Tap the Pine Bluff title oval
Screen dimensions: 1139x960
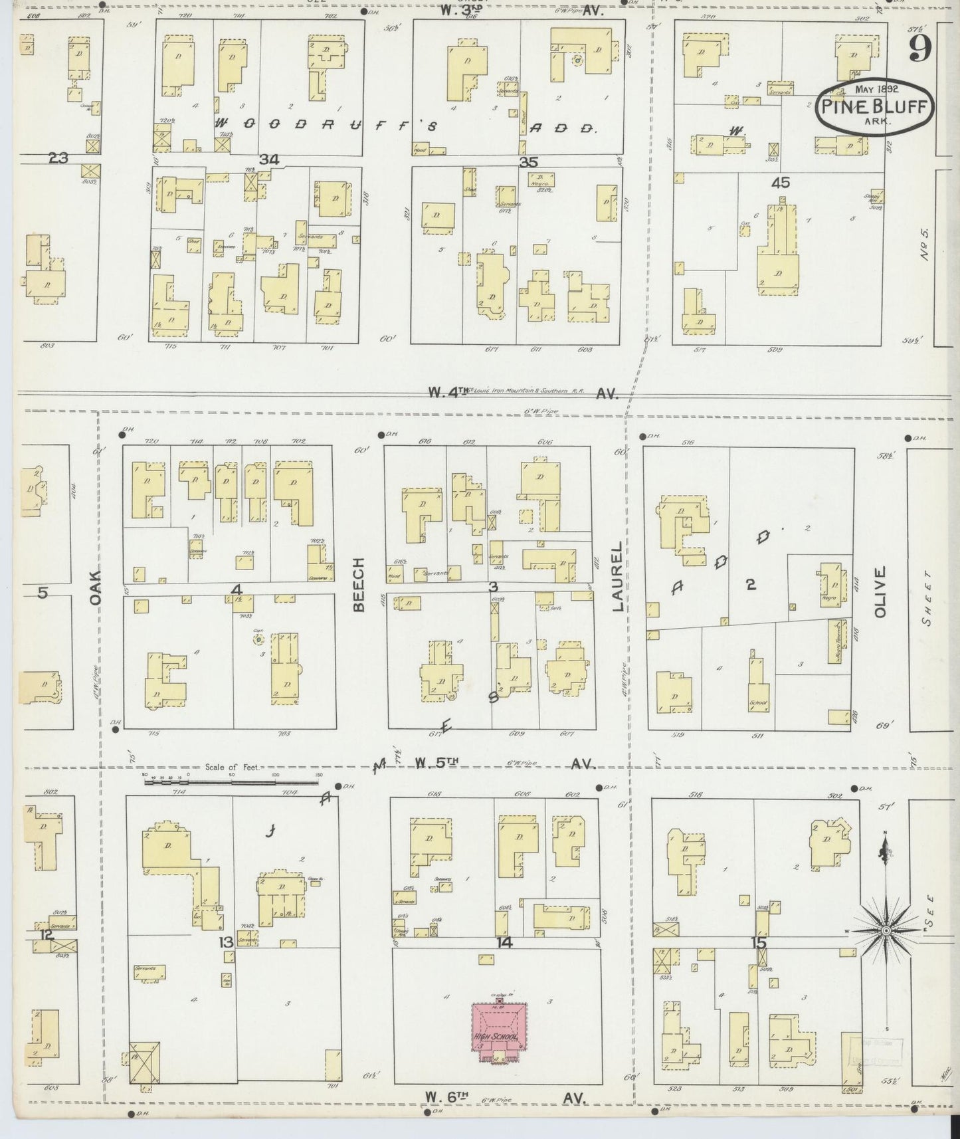pyautogui.click(x=875, y=108)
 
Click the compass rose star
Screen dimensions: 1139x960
pyautogui.click(x=886, y=931)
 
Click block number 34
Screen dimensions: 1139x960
pyautogui.click(x=269, y=159)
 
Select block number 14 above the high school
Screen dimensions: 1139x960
pyautogui.click(x=505, y=942)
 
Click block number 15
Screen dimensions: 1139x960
pyautogui.click(x=759, y=942)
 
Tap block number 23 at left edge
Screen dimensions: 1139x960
pyautogui.click(x=58, y=158)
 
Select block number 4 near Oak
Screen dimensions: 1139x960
pyautogui.click(x=237, y=589)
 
